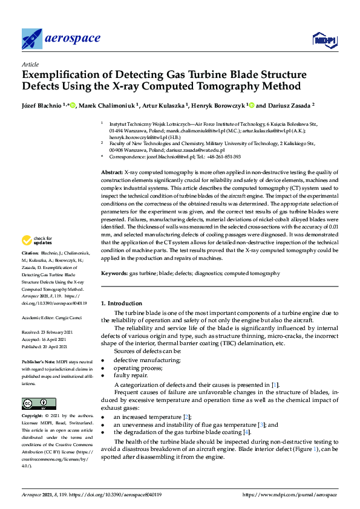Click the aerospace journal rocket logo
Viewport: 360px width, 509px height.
point(31,39)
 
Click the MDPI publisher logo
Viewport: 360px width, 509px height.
point(324,40)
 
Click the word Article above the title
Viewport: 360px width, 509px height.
point(30,63)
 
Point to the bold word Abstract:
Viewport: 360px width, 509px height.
point(113,173)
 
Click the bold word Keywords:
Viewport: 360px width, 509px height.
point(114,273)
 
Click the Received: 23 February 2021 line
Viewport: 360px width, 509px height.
point(47,332)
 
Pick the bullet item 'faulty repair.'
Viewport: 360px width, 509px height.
point(131,375)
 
